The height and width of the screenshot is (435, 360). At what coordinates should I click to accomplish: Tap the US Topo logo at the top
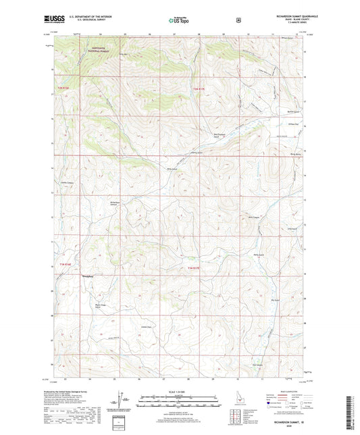tap(176, 21)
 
